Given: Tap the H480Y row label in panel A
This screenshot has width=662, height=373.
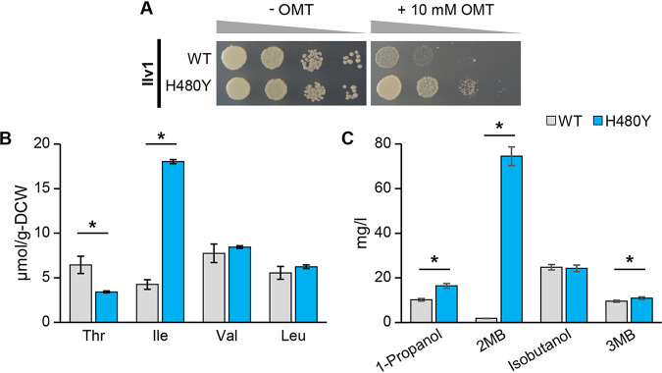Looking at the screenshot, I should [195, 86].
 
